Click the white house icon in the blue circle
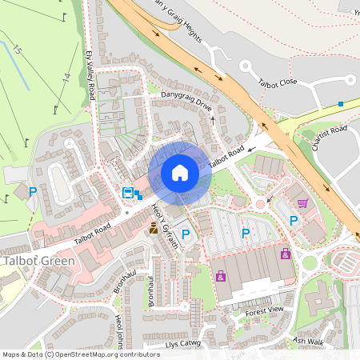(180, 173)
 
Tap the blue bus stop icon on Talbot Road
(127, 192)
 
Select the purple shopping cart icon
(302, 203)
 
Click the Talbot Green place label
(38, 261)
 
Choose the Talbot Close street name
(278, 82)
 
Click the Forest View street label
(265, 310)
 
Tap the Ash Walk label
(308, 340)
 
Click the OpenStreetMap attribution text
(81, 354)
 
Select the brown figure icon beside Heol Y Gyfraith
(153, 230)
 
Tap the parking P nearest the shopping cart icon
(294, 220)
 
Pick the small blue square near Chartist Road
(341, 104)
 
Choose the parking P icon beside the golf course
(33, 191)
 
